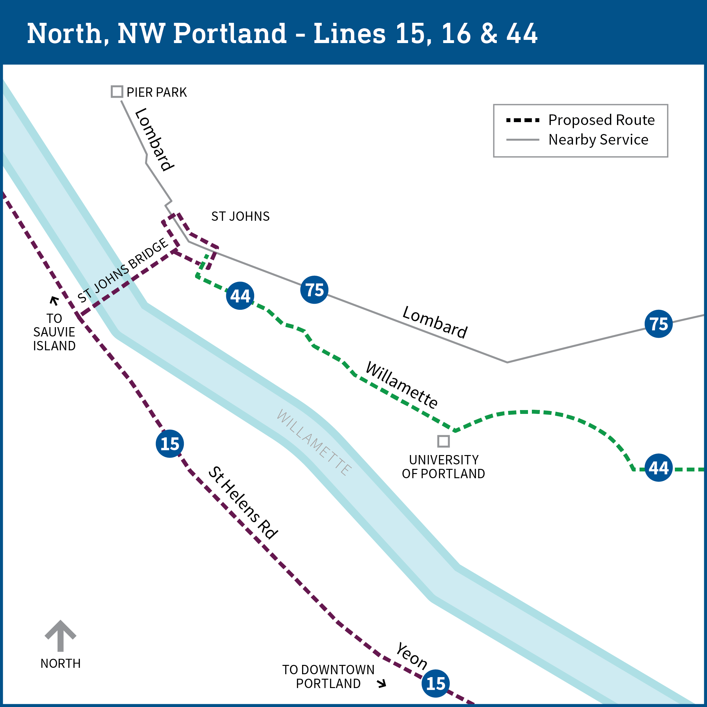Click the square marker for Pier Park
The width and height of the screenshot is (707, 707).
pos(117,92)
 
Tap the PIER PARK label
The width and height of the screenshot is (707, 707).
pos(157,92)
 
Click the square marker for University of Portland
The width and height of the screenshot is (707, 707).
pos(443,441)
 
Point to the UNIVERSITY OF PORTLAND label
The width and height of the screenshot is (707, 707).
pos(443,467)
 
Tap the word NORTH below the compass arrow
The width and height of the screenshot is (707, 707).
pos(60,663)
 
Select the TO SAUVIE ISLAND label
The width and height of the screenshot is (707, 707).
pos(54,332)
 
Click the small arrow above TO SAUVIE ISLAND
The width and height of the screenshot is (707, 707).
pos(54,301)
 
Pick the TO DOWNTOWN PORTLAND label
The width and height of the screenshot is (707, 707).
pos(328,676)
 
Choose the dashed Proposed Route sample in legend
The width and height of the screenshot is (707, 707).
pos(522,120)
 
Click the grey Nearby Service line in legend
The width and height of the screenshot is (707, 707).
pos(522,140)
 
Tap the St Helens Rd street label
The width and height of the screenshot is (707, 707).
pos(243,503)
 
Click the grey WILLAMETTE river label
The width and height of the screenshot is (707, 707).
pos(314,443)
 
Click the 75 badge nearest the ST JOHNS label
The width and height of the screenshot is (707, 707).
pos(314,290)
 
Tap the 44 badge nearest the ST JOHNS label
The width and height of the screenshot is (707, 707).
pos(240,296)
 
